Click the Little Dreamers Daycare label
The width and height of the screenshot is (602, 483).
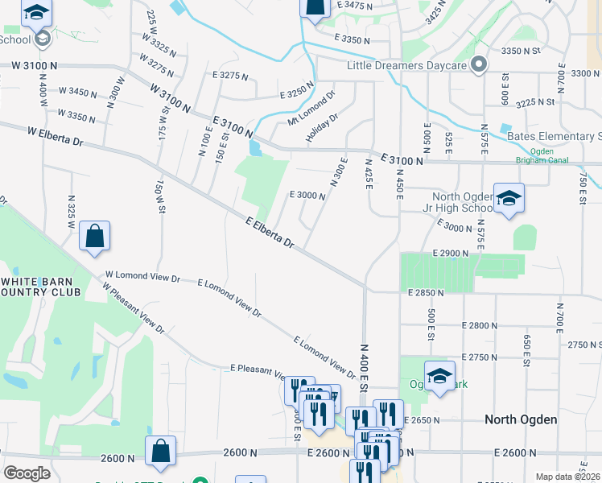point(409,66)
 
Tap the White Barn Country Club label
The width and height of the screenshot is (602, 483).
point(40,287)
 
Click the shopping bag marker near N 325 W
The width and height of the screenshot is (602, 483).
point(94,237)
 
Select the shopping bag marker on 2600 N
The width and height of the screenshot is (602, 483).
point(160,452)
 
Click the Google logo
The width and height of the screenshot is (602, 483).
point(27,473)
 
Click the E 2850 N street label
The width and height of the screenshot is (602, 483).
point(426,292)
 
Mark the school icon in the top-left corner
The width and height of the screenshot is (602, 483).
point(35,13)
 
